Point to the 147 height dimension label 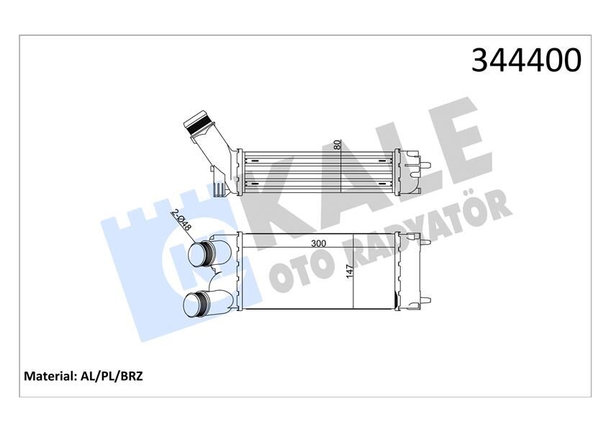click(x=350, y=272)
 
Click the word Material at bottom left click(x=50, y=376)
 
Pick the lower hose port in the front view click(x=197, y=305)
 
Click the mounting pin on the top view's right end click(x=426, y=167)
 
